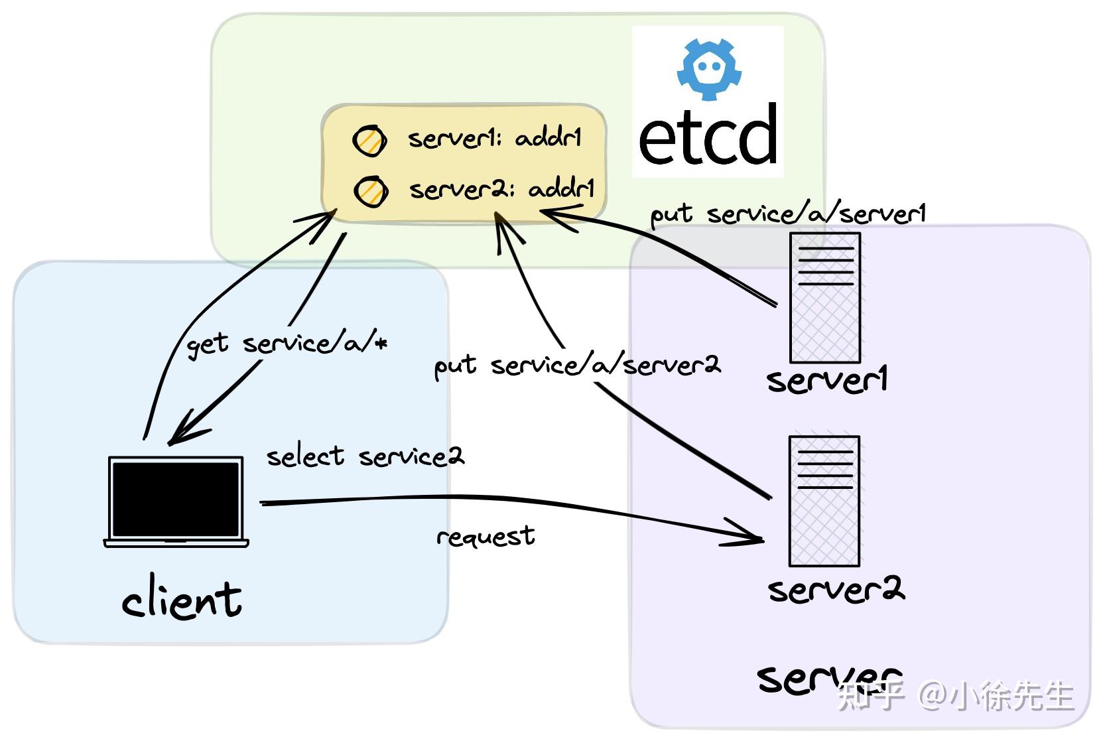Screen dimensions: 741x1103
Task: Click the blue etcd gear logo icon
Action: click(x=709, y=68)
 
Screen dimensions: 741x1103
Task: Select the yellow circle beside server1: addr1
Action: click(x=369, y=141)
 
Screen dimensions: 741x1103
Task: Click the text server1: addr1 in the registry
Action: click(x=494, y=138)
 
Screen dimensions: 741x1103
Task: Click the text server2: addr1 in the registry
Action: click(x=501, y=190)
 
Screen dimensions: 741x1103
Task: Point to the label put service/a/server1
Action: click(x=787, y=214)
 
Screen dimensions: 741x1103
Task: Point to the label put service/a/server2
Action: click(x=576, y=366)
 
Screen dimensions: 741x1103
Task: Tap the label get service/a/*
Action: click(x=287, y=344)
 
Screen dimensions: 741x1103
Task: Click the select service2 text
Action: click(x=365, y=456)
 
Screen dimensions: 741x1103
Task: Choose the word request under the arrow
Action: click(x=486, y=536)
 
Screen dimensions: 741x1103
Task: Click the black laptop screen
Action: click(x=176, y=499)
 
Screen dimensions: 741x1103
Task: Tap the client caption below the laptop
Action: click(x=181, y=600)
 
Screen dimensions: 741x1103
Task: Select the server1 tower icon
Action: click(x=824, y=297)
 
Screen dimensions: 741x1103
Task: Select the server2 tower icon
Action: click(x=824, y=501)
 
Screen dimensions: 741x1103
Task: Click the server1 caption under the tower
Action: click(x=826, y=380)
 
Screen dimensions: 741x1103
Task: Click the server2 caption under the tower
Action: click(x=836, y=589)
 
